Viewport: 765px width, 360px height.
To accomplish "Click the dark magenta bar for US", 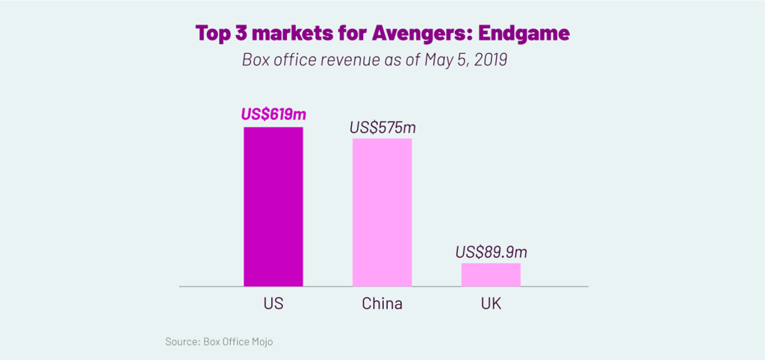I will [x=273, y=207].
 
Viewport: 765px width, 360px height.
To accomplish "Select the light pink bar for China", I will [x=382, y=212].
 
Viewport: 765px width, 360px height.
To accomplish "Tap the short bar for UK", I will [x=491, y=274].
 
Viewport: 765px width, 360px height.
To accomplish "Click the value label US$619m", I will [x=273, y=115].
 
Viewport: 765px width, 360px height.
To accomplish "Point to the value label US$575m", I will [x=382, y=127].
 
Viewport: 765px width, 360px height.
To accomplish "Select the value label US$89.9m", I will [x=491, y=252].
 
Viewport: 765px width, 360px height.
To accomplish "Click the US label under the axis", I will [x=273, y=304].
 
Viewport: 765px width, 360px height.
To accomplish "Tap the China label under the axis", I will [x=382, y=304].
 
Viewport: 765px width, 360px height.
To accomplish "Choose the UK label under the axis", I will [x=491, y=304].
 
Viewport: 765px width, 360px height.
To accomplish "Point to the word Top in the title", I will [x=213, y=34].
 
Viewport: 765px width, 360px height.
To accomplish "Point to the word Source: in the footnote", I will [x=182, y=342].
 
